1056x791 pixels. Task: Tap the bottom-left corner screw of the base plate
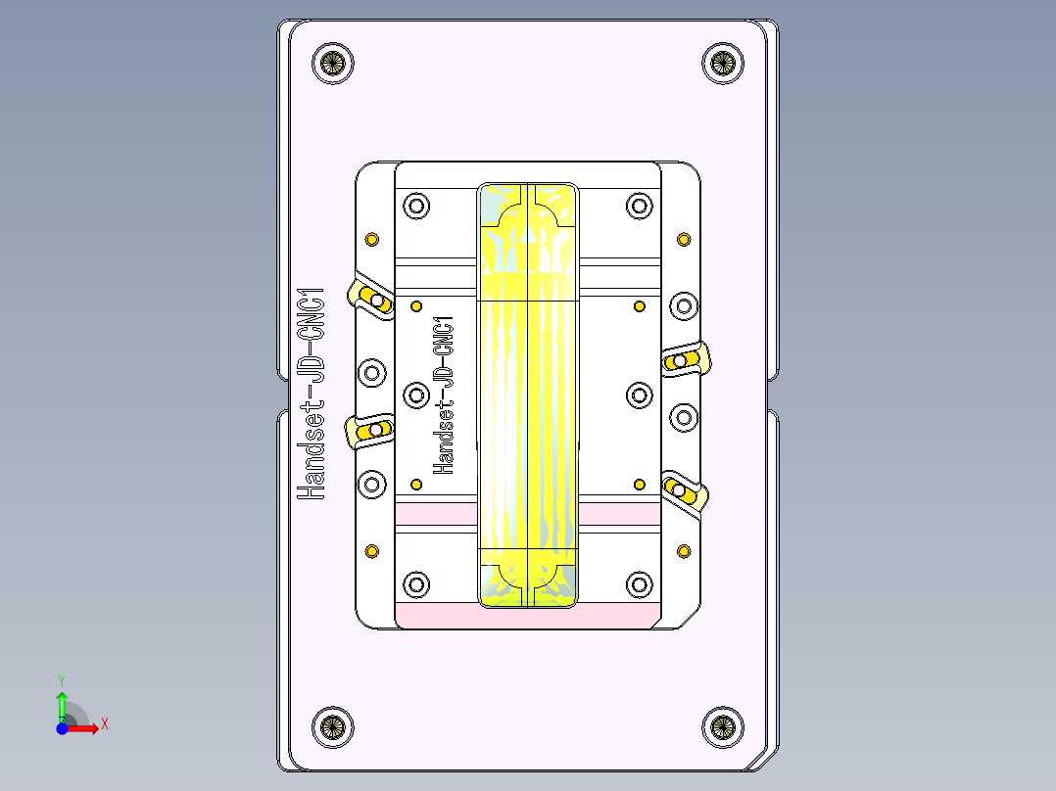click(x=332, y=726)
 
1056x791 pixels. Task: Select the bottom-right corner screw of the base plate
click(x=722, y=726)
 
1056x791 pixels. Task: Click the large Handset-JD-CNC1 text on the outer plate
click(x=311, y=395)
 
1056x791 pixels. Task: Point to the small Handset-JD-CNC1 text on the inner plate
click(x=443, y=395)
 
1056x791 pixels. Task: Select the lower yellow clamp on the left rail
click(x=371, y=430)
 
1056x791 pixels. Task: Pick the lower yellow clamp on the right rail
click(x=683, y=491)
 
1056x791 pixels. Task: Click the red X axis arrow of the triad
click(x=89, y=726)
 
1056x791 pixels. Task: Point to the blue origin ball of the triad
click(x=62, y=727)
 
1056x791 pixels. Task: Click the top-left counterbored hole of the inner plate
click(x=416, y=207)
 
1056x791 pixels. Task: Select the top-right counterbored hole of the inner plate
click(x=639, y=207)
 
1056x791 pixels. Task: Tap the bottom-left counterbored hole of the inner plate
click(x=416, y=584)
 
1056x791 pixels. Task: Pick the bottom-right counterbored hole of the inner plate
click(x=639, y=584)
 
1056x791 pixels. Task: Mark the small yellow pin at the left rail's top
click(x=371, y=239)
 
